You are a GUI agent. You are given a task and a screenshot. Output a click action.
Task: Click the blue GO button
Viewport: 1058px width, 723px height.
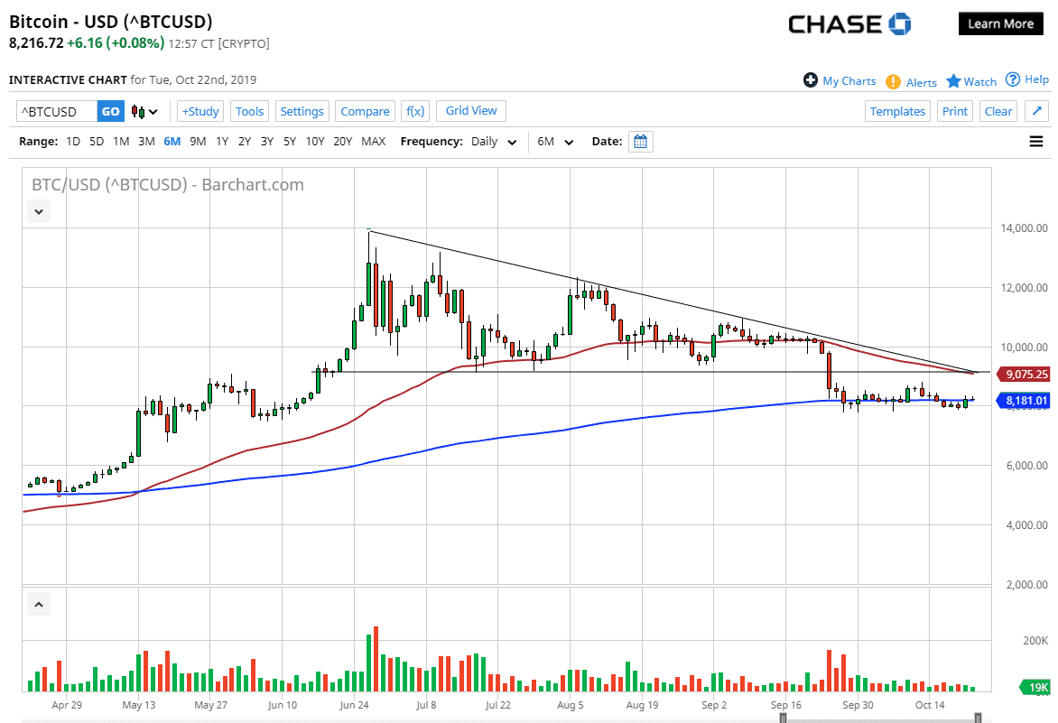(x=110, y=112)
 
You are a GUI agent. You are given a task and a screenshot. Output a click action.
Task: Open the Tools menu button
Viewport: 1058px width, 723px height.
(x=249, y=112)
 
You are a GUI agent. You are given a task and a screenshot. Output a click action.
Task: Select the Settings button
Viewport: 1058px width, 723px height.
(x=302, y=112)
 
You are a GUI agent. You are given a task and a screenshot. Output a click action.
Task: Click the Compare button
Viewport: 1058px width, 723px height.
(x=365, y=112)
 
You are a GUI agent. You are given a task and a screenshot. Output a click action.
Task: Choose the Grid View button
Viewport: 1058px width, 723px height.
(x=471, y=111)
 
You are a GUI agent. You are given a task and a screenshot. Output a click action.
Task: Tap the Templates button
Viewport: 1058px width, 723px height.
(x=897, y=112)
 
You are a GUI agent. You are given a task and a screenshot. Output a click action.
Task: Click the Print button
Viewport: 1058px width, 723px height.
(x=954, y=112)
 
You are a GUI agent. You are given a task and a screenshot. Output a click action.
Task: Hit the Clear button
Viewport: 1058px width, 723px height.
(x=998, y=112)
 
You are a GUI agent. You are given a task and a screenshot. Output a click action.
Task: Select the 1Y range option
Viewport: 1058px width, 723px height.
(x=221, y=142)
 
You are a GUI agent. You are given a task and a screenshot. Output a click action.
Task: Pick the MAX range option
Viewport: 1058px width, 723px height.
(x=373, y=142)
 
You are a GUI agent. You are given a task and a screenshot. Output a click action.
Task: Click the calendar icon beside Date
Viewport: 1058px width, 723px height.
(x=640, y=142)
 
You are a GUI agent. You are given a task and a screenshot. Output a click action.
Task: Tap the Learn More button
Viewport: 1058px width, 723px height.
(x=1000, y=24)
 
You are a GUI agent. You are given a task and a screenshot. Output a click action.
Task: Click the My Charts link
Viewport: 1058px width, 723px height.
(x=849, y=81)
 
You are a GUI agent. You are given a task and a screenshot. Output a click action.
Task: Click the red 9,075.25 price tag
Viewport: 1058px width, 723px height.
(x=1026, y=374)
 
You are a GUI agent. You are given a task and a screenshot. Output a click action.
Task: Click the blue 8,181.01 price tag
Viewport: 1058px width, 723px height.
(x=1026, y=401)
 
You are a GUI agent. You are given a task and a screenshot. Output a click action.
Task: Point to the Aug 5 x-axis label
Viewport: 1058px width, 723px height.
(x=571, y=705)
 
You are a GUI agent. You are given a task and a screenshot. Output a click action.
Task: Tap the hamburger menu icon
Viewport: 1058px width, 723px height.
(x=1035, y=142)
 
